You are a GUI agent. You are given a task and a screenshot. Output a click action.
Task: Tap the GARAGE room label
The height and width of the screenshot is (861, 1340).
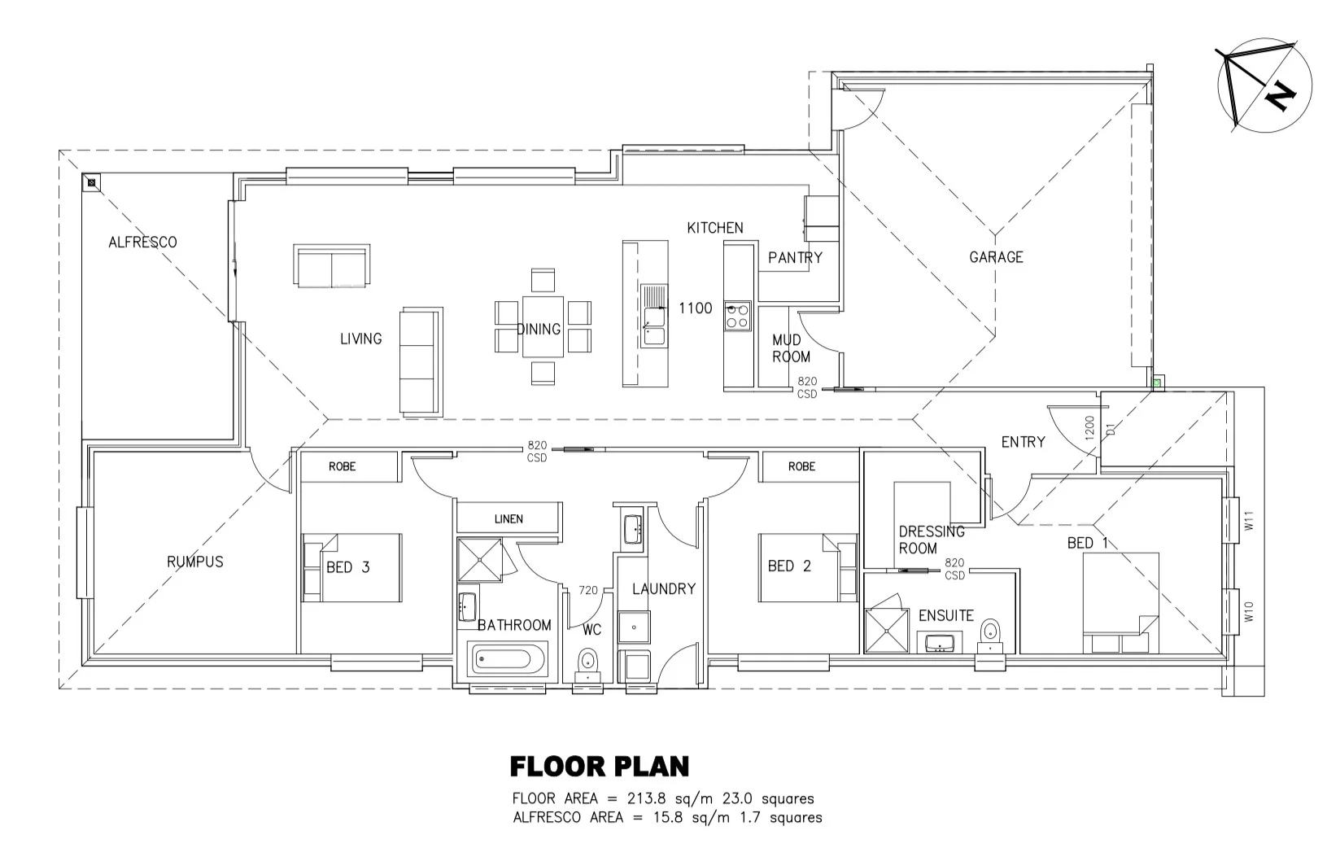(x=996, y=257)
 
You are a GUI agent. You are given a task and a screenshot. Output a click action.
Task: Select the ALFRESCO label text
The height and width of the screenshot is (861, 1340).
(x=142, y=242)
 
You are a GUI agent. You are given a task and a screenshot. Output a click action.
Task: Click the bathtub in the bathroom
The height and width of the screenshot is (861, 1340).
(x=509, y=658)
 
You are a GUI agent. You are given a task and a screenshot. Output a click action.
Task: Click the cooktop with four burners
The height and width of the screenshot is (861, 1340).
(x=737, y=316)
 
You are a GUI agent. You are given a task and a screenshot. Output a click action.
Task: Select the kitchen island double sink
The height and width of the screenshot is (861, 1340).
(x=653, y=316)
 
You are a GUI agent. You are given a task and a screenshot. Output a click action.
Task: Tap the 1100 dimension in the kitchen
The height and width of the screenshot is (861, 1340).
(x=695, y=308)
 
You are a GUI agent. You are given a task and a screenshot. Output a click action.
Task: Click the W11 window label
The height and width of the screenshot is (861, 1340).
(x=1250, y=521)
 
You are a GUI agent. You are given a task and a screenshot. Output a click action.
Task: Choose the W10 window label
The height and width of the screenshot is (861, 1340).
(x=1250, y=612)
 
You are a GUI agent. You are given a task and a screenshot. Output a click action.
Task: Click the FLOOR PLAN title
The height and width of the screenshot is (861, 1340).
(x=599, y=767)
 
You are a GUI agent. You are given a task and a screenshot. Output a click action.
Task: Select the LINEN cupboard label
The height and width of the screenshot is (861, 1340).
(x=509, y=519)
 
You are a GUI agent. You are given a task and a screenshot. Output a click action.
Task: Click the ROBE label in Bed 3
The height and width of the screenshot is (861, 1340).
(x=342, y=467)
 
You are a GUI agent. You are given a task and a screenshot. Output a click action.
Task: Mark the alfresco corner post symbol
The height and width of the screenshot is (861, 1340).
(x=91, y=182)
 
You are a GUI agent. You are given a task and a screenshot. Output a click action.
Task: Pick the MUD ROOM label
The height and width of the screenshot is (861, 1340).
(x=791, y=348)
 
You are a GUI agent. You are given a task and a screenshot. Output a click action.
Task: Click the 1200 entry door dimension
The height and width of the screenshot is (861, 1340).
(x=1090, y=426)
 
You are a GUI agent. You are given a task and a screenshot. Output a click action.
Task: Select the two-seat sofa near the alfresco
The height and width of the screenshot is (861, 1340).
(x=331, y=266)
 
